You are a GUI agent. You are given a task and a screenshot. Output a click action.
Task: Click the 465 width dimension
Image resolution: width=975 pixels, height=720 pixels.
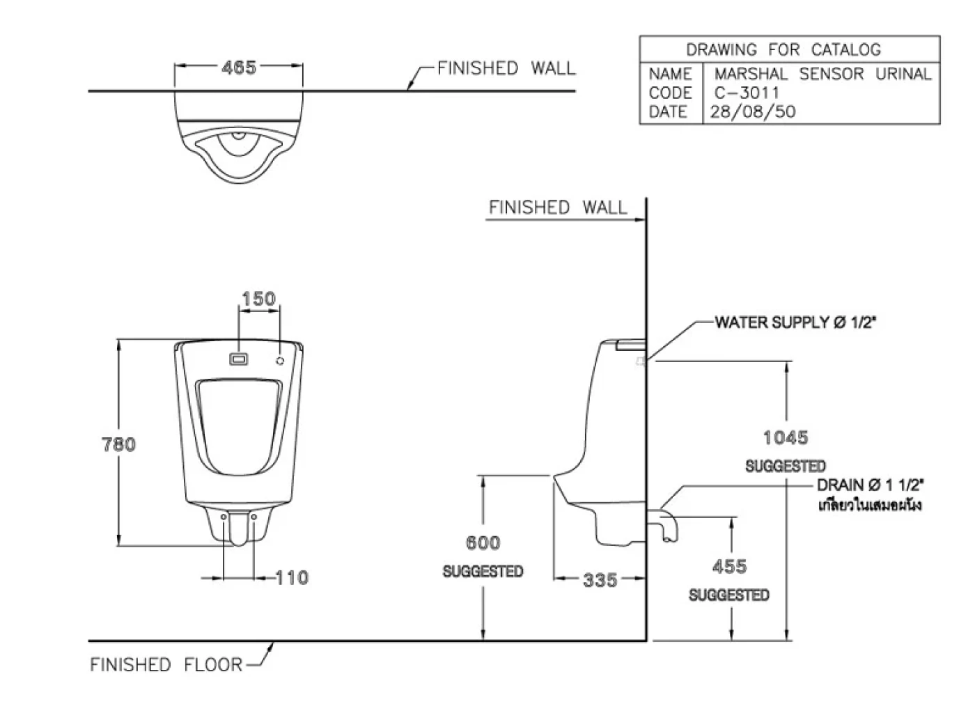(x=239, y=68)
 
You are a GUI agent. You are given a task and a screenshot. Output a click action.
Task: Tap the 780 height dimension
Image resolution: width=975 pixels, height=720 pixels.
(x=119, y=444)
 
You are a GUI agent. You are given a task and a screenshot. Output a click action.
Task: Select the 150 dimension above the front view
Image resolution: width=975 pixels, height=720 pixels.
(x=258, y=299)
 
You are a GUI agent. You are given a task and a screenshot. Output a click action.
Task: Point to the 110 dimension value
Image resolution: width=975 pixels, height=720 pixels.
(x=292, y=577)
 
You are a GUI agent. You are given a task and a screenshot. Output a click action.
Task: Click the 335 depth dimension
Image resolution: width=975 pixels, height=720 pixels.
(x=600, y=579)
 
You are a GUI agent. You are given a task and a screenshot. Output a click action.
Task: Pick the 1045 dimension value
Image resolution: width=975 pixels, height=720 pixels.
(x=786, y=437)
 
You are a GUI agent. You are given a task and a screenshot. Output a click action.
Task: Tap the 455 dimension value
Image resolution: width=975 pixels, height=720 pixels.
(x=729, y=567)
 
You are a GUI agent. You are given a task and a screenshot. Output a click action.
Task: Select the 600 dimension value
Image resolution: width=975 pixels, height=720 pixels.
(x=483, y=542)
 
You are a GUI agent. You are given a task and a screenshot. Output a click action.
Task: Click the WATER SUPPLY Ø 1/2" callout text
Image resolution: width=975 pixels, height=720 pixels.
(x=795, y=322)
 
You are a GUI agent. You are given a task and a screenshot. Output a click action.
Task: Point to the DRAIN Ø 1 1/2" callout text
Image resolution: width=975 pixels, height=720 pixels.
(x=871, y=485)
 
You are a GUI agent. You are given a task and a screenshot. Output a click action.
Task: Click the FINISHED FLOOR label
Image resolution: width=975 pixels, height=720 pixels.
(x=166, y=665)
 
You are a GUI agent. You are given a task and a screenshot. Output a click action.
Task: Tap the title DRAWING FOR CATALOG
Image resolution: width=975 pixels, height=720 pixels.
(x=783, y=49)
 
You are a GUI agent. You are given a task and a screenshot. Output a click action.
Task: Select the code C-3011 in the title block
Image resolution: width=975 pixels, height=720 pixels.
(x=747, y=93)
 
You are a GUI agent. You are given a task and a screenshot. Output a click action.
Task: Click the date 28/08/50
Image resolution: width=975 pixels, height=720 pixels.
(x=752, y=111)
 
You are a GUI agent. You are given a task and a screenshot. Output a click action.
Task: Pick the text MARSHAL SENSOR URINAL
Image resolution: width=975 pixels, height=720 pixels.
(x=823, y=74)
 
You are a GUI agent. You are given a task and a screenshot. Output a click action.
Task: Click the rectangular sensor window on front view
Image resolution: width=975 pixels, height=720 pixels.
(x=239, y=360)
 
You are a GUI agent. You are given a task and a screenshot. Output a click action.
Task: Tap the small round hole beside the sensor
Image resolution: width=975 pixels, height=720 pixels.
(x=281, y=361)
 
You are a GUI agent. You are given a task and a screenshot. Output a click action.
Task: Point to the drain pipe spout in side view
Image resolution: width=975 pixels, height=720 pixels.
(x=664, y=524)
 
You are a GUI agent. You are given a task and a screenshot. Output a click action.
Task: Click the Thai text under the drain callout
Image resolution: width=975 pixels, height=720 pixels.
(x=870, y=505)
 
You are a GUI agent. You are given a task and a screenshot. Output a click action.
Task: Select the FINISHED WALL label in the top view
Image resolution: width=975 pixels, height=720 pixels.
(x=506, y=68)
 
